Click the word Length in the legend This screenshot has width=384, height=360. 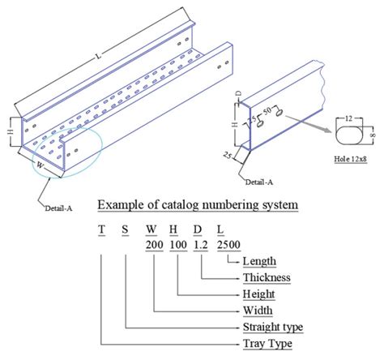click(259, 261)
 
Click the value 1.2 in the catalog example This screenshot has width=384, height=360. click(201, 244)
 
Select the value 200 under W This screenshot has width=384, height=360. click(153, 244)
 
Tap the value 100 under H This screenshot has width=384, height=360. click(177, 244)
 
